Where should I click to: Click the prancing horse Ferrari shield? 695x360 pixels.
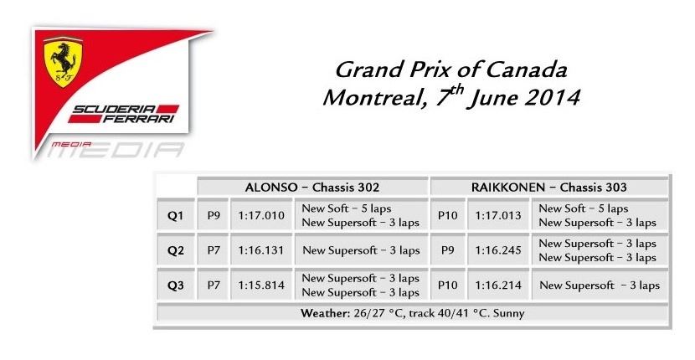[x=63, y=61]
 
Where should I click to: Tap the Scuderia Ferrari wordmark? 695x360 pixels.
[x=124, y=114]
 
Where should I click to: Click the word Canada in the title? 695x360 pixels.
[x=526, y=69]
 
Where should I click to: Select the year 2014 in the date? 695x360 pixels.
[x=551, y=98]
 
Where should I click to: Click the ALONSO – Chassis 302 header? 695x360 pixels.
[x=312, y=187]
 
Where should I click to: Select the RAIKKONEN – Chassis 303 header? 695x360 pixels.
[x=548, y=187]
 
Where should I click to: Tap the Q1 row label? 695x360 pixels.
[x=175, y=216]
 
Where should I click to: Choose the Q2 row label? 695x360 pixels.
[x=175, y=250]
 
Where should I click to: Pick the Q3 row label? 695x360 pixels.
[x=175, y=285]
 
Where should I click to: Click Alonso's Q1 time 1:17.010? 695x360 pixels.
[x=261, y=215]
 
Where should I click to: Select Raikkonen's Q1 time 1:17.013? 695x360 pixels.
[x=498, y=215]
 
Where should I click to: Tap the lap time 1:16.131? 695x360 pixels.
[x=260, y=250]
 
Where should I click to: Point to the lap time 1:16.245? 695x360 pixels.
[x=498, y=250]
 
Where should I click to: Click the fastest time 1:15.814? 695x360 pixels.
[x=261, y=285]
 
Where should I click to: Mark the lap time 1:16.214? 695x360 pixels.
[x=498, y=285]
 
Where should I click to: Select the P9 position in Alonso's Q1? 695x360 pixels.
[x=214, y=215]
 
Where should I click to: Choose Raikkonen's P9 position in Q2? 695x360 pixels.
[x=448, y=250]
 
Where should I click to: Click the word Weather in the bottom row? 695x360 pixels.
[x=326, y=313]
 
